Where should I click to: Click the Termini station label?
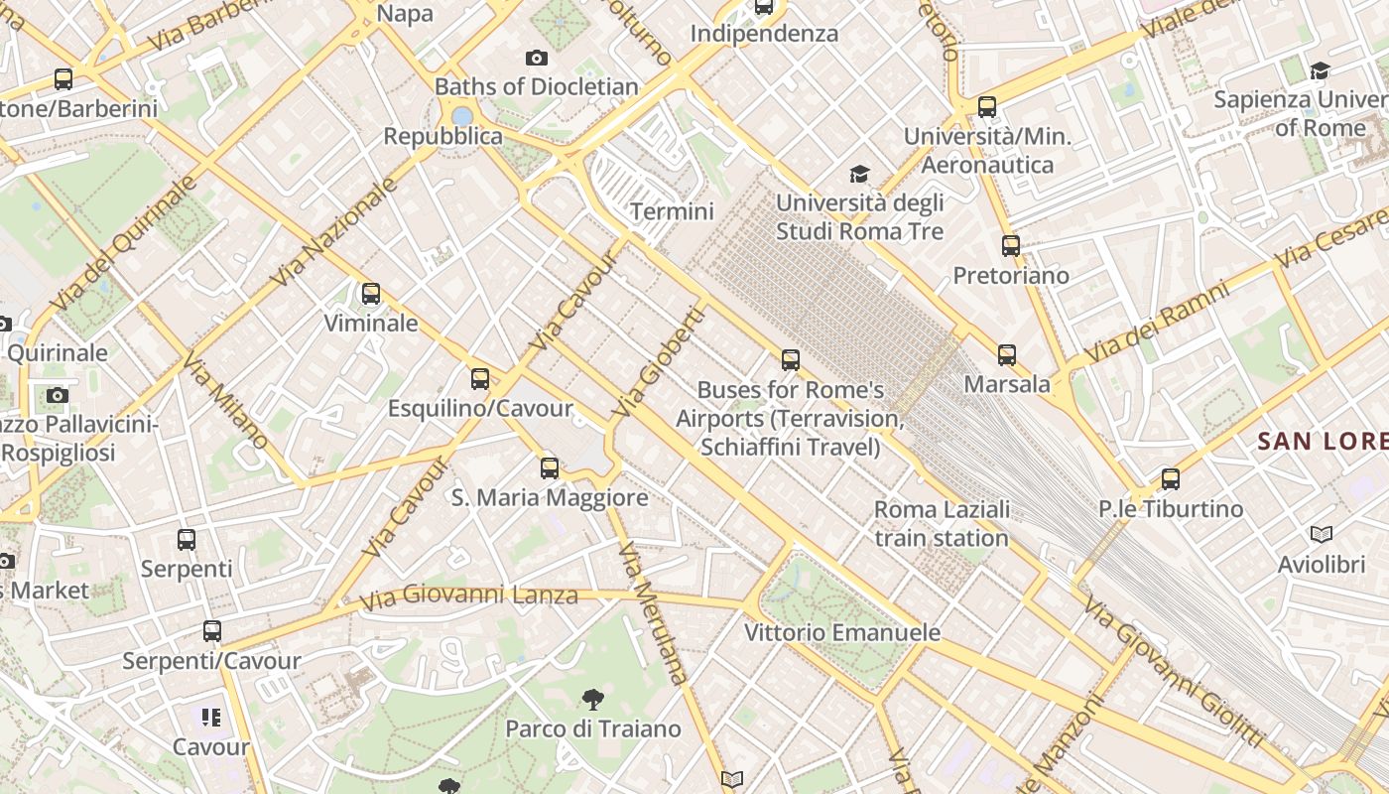(672, 211)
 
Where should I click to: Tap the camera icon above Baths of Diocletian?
(537, 59)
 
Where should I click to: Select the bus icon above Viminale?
(371, 294)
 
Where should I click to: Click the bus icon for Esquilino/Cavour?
(480, 379)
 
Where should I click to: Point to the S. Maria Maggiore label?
(550, 497)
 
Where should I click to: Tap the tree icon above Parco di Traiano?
(592, 700)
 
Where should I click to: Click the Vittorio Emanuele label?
(842, 632)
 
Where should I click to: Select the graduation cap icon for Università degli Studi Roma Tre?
(859, 175)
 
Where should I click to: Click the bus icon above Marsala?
(1007, 354)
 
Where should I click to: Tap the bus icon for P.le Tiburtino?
(1171, 479)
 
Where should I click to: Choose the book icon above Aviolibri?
(1322, 535)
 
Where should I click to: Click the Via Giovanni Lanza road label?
(468, 597)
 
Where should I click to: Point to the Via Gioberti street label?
(659, 361)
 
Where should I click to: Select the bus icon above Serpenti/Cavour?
(211, 631)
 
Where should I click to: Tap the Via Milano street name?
(225, 400)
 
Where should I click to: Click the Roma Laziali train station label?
(942, 524)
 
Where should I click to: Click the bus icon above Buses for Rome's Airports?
(791, 360)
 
